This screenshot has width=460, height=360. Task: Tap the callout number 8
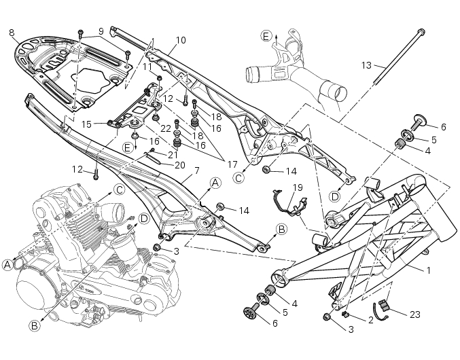12,32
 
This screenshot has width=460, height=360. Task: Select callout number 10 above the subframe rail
179,40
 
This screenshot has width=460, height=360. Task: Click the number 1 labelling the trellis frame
428,270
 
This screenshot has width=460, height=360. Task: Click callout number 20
180,165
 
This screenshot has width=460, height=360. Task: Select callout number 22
165,128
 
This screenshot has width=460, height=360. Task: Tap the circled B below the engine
34,325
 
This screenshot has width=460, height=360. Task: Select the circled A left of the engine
7,264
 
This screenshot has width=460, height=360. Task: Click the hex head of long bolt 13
421,31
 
